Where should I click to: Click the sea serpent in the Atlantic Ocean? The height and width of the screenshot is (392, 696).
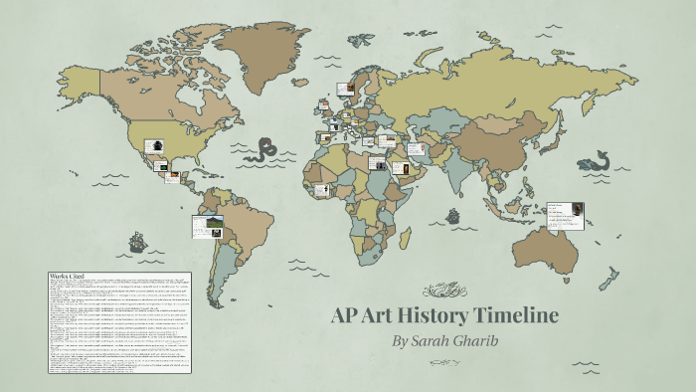265,150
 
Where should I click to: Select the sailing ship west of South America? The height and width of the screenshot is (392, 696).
137,241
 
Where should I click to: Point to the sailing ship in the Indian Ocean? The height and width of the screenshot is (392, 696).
453,215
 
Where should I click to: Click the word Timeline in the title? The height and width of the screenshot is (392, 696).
507,316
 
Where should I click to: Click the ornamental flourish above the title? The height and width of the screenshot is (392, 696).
445,291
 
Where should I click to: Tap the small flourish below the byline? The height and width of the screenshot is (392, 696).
445,365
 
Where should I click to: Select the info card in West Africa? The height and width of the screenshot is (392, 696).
320,189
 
